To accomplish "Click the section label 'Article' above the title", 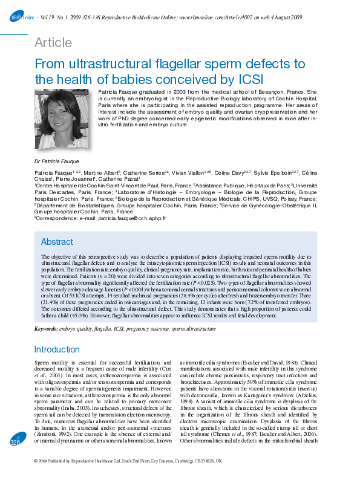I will [x=53, y=43].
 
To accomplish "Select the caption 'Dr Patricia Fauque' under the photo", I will [x=57, y=163].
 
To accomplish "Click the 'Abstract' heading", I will [x=57, y=242].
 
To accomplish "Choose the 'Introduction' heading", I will [x=57, y=349].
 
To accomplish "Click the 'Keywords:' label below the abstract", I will [x=46, y=329].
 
